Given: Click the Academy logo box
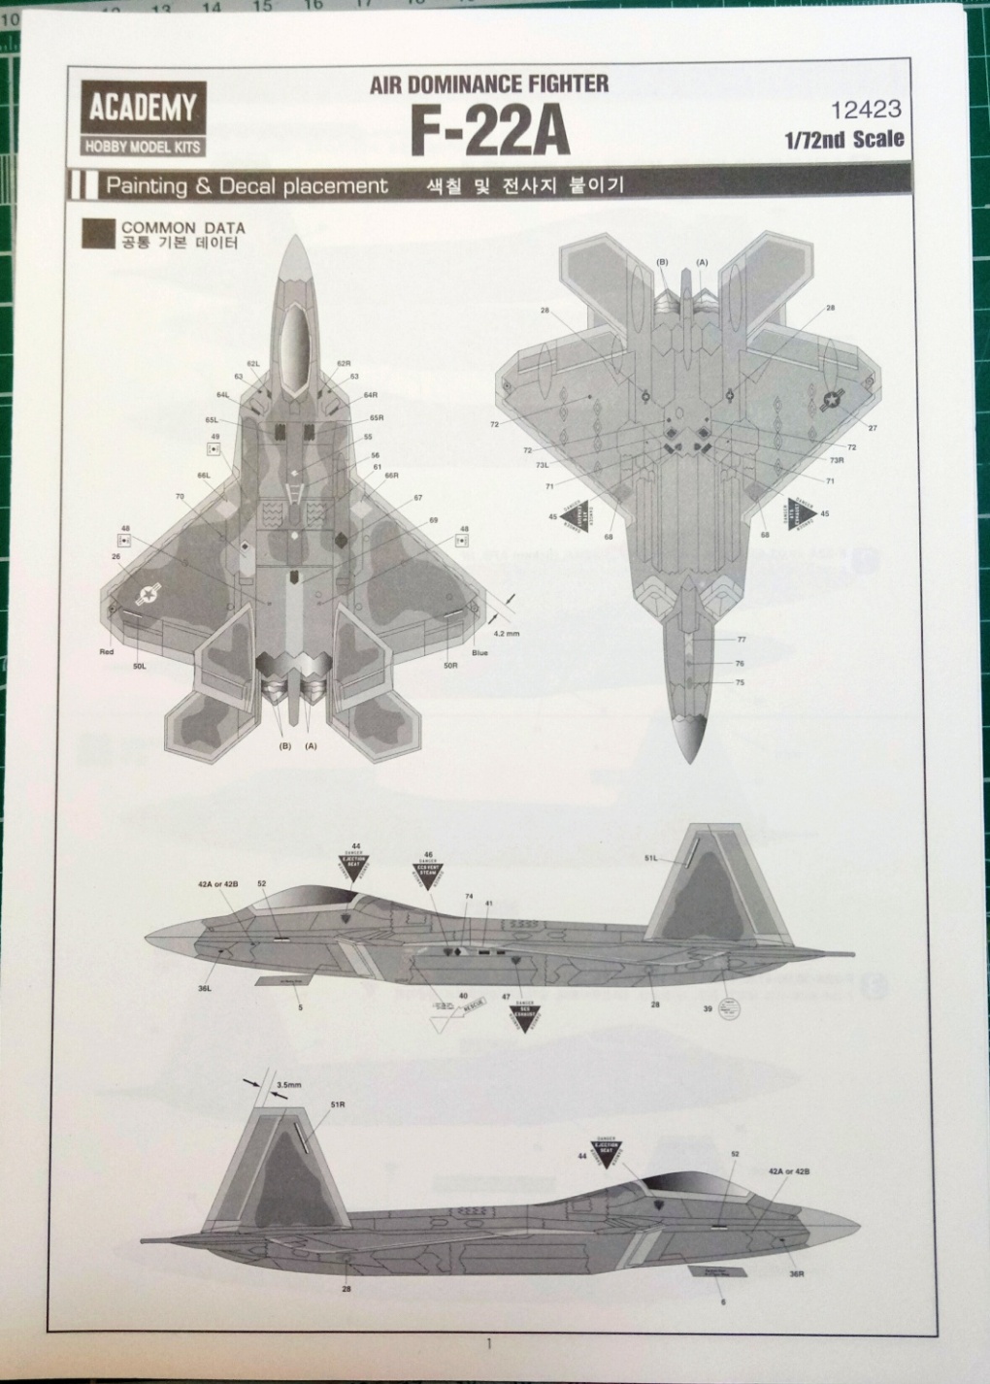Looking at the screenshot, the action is pyautogui.click(x=143, y=117).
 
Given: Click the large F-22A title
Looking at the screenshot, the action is pyautogui.click(x=490, y=133).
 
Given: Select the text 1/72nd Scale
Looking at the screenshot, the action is pyautogui.click(x=844, y=139).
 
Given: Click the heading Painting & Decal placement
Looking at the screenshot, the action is pyautogui.click(x=247, y=185).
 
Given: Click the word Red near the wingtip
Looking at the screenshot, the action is pyautogui.click(x=107, y=652).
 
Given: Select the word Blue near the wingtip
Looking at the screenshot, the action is pyautogui.click(x=480, y=652).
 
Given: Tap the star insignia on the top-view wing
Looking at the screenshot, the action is pyautogui.click(x=148, y=595).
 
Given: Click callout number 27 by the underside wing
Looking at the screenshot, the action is pyautogui.click(x=872, y=428).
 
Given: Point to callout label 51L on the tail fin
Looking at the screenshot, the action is pyautogui.click(x=651, y=858).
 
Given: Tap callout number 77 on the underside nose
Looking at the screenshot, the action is pyautogui.click(x=741, y=640).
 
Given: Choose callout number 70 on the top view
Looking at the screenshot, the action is pyautogui.click(x=180, y=497).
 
